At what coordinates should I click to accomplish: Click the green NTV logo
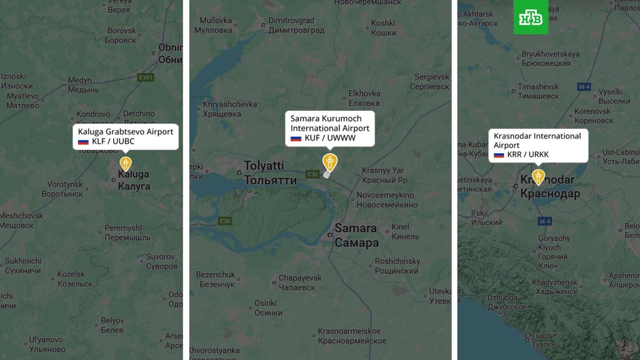click(531, 17)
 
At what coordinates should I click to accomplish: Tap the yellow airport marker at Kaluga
click(125, 163)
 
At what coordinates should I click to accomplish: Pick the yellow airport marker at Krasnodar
click(539, 177)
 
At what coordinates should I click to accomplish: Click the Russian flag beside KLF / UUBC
click(83, 141)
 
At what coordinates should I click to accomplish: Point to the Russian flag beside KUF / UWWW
click(296, 138)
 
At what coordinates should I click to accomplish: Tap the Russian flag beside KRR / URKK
click(499, 155)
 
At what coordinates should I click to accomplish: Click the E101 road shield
click(145, 78)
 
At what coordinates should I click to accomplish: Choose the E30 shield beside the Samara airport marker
click(313, 174)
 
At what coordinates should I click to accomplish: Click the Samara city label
click(356, 235)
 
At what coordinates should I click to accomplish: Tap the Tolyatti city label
click(270, 172)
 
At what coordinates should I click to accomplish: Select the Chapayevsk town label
click(300, 282)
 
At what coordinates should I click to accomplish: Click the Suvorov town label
click(161, 261)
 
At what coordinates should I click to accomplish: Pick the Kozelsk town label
click(71, 279)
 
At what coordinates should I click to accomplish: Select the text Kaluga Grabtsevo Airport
click(125, 131)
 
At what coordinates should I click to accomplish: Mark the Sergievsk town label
click(431, 82)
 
